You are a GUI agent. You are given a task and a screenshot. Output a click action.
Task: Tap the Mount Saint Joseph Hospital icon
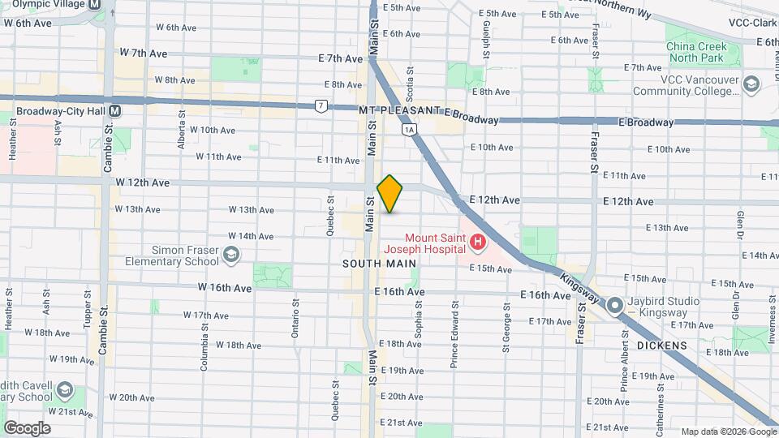tap(478, 242)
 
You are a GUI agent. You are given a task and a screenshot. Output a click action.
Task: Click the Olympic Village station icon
tap(96, 4)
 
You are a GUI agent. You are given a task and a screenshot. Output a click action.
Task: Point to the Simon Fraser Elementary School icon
tap(231, 255)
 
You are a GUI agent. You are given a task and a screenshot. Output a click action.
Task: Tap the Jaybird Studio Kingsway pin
tap(615, 306)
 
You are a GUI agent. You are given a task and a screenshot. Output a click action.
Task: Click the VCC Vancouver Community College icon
tap(751, 84)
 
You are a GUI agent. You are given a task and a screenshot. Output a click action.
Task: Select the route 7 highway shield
tap(322, 105)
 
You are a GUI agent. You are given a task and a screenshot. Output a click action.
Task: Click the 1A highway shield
tap(408, 129)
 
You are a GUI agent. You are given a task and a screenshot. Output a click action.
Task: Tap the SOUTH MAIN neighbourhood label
tap(379, 264)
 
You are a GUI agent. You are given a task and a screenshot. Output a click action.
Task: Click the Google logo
tap(27, 427)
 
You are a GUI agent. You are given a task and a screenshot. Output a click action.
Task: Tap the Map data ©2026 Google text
tap(728, 432)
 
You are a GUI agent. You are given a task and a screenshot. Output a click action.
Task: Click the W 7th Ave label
tap(143, 53)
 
